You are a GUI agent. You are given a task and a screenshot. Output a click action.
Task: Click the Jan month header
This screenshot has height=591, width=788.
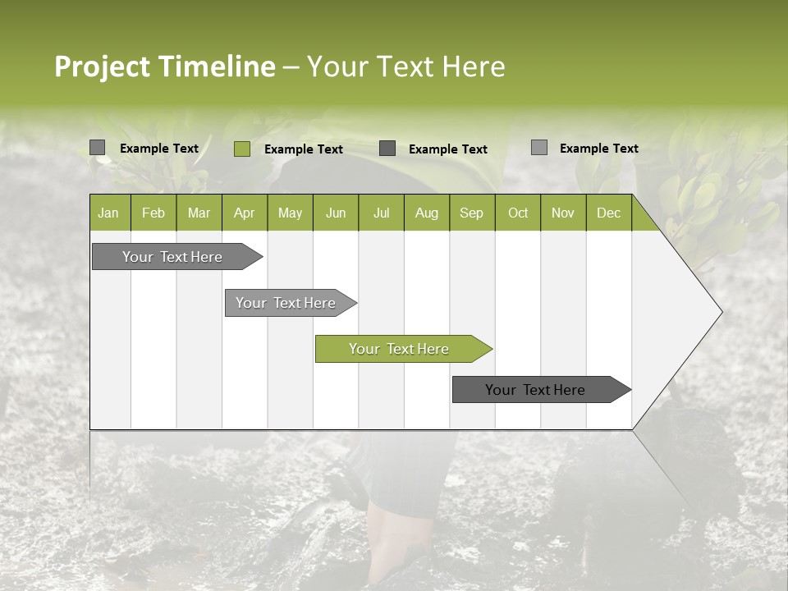point(108,213)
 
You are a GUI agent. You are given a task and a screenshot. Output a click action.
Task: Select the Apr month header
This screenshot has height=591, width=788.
point(244,213)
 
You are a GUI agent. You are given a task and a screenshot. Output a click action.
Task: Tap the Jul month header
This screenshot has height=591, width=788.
point(381,213)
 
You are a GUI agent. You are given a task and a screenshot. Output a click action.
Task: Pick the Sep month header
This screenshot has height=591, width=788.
point(471,213)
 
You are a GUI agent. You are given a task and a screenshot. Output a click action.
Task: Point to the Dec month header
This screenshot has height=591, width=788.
point(608,213)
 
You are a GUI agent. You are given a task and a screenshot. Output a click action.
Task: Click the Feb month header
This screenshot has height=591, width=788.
point(153,213)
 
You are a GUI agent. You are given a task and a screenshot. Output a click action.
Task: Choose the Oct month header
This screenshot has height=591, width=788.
point(517,213)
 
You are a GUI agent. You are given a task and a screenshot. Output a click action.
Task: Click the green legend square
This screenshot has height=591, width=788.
point(241,149)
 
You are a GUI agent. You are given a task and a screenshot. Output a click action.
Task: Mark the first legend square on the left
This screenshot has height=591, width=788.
point(98,148)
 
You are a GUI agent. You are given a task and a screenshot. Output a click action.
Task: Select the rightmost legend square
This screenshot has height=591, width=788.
point(539,148)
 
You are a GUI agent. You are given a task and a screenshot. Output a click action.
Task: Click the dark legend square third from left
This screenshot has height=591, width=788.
point(387,149)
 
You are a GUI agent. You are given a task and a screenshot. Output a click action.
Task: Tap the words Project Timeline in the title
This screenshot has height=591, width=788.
point(164,66)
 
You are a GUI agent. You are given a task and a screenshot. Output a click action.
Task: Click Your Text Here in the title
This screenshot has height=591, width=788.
point(405,66)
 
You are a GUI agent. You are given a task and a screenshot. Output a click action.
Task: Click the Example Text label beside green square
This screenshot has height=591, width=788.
point(304,149)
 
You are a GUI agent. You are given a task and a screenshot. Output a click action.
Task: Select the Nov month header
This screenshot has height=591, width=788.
point(562,213)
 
